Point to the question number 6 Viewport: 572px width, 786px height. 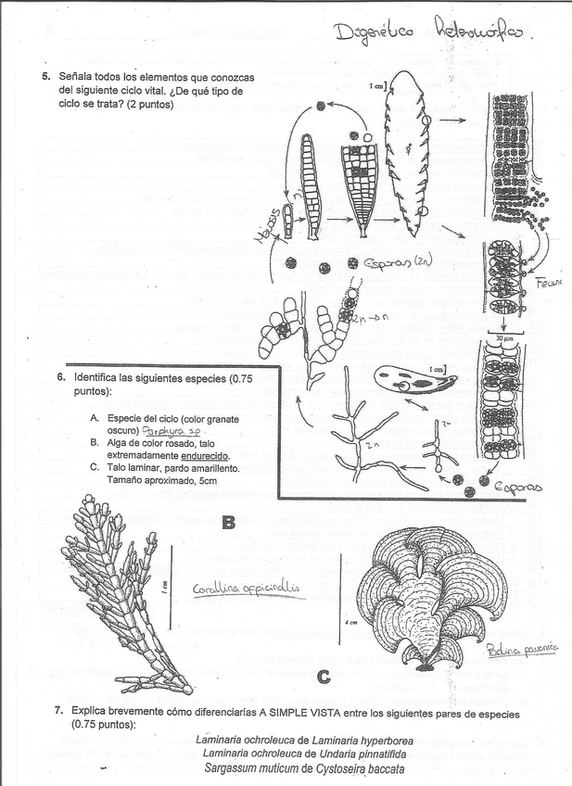point(60,378)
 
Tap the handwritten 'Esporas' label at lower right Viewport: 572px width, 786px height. point(525,485)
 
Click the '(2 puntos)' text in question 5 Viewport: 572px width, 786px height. point(198,104)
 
